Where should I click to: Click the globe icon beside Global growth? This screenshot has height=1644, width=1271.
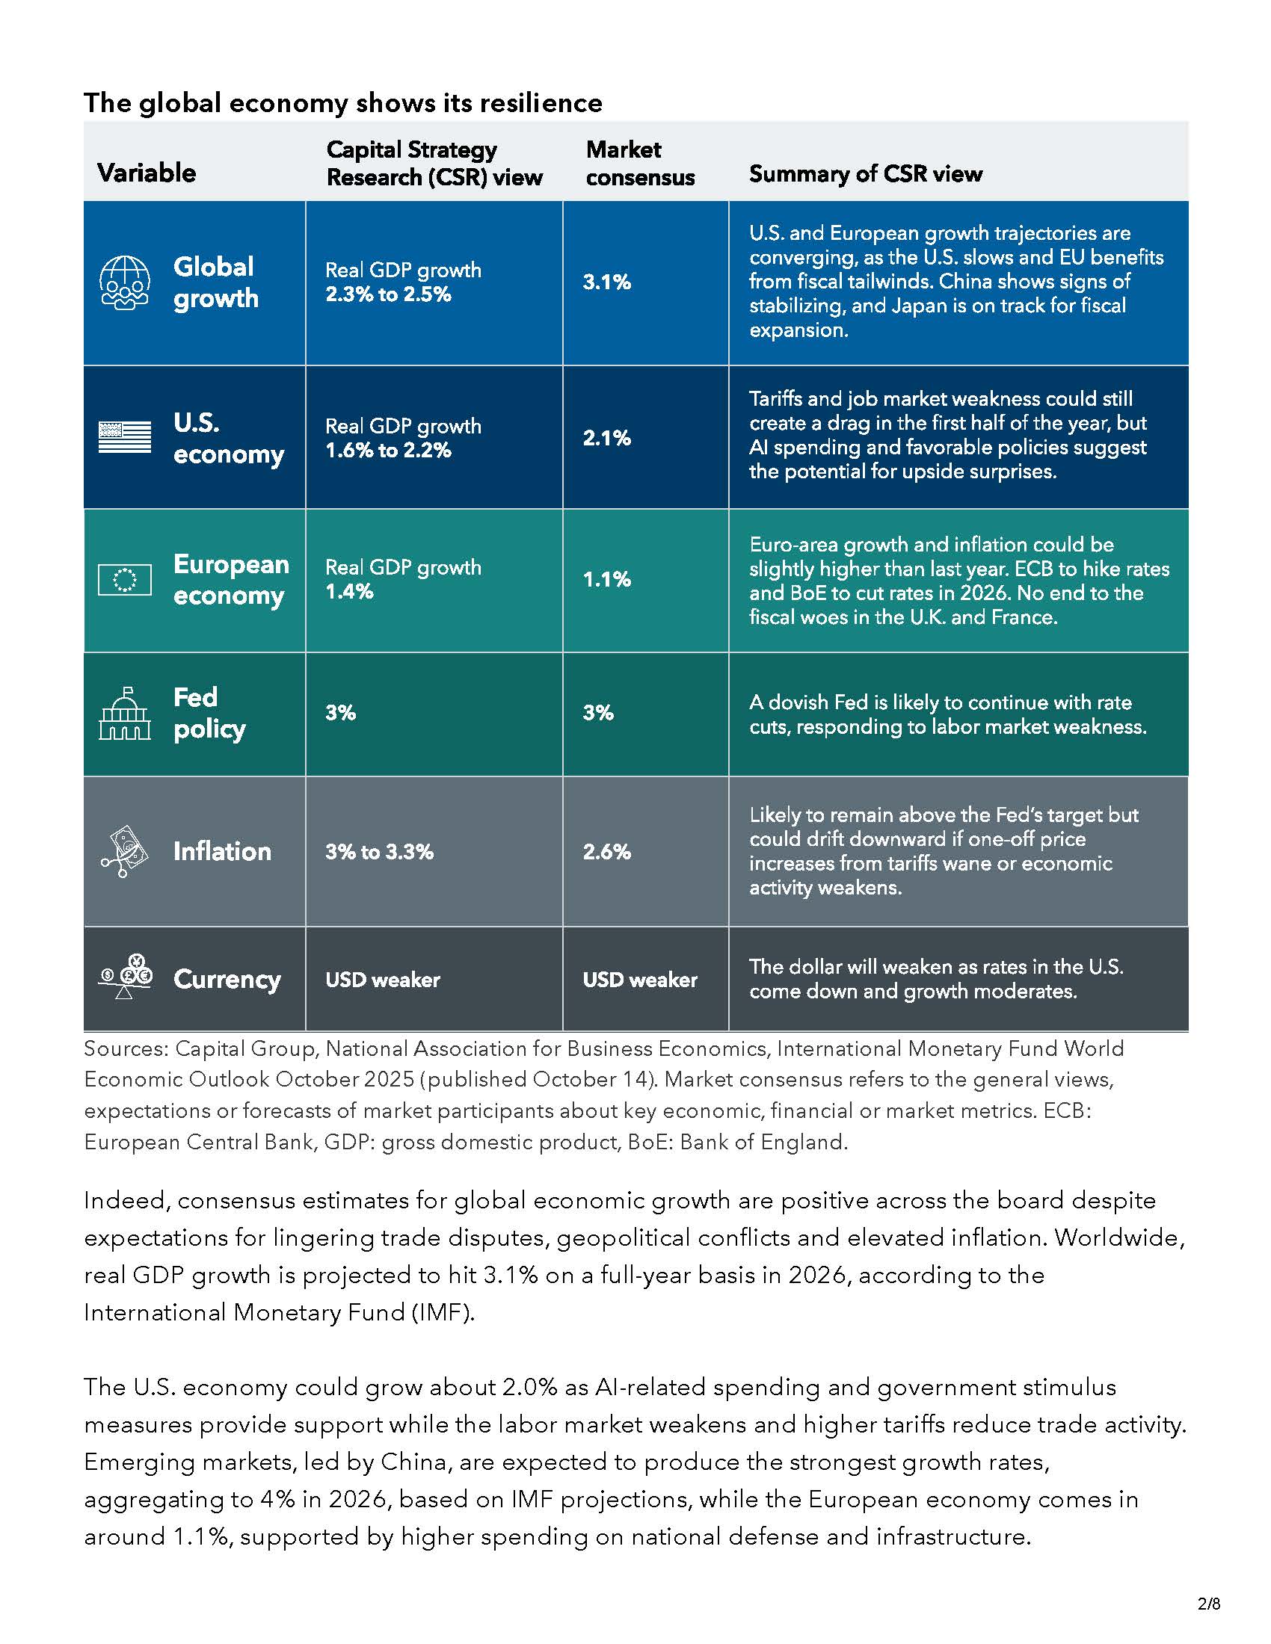(125, 282)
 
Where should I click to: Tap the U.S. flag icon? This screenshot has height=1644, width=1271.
(125, 437)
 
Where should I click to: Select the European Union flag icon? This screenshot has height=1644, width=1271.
(125, 580)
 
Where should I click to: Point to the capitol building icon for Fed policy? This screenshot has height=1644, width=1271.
(125, 713)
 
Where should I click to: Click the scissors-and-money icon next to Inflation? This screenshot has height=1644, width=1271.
(125, 851)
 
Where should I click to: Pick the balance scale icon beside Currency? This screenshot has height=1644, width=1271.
(125, 977)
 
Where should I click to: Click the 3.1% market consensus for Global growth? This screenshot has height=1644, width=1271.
(606, 282)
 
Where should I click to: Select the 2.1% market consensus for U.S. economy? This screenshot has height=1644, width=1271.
(606, 438)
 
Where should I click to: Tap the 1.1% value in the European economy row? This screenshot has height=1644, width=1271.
(606, 579)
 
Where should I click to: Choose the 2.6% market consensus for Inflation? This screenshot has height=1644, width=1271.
(606, 851)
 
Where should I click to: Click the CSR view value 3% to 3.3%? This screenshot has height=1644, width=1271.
(380, 851)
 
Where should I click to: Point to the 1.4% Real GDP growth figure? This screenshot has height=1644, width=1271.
(349, 592)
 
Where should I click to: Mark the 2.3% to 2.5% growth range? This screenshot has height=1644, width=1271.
(389, 294)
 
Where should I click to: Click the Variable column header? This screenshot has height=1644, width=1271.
(147, 173)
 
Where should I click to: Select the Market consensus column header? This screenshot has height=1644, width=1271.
(640, 164)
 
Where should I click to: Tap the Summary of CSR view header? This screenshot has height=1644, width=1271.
(865, 174)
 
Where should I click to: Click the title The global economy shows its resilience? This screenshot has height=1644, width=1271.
(342, 103)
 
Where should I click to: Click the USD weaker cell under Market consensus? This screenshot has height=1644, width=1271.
(640, 980)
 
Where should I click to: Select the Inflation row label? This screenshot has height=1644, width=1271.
(222, 851)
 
